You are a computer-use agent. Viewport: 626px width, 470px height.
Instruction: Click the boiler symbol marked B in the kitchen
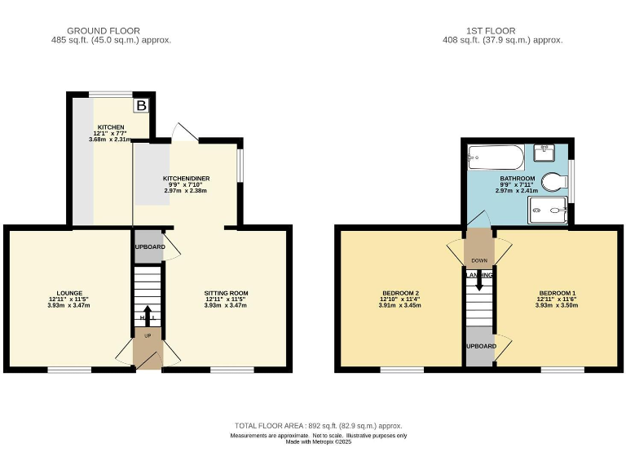tap(142, 105)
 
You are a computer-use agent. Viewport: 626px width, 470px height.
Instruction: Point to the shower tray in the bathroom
tap(548, 210)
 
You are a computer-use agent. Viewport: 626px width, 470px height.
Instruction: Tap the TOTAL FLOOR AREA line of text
tap(318, 426)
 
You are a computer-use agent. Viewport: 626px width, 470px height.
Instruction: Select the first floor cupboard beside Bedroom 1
tap(481, 346)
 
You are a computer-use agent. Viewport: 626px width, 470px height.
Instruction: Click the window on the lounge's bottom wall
tap(68, 370)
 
